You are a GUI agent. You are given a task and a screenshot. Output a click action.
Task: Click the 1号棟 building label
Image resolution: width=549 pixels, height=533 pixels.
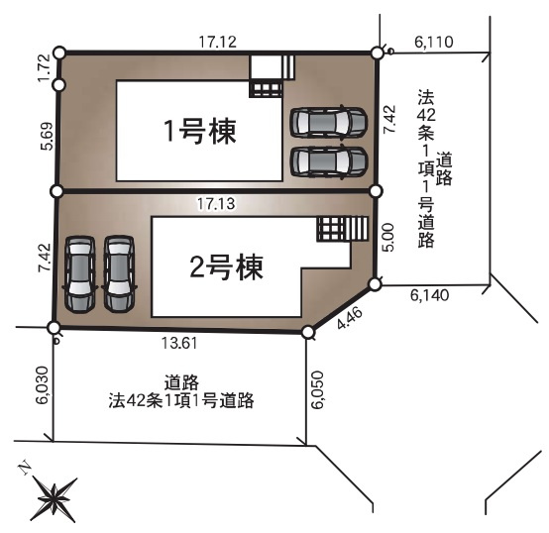pos(199,132)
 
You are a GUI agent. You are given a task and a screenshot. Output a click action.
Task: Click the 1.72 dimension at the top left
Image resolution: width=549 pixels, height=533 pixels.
pos(42,68)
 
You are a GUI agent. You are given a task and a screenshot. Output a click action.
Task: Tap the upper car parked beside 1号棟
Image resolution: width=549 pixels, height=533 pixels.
pos(328,122)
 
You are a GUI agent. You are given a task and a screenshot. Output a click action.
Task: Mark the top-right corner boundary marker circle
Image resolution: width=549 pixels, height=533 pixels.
pos(377,53)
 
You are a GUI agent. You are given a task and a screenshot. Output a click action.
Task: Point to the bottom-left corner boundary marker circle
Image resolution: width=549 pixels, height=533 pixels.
pos(55,328)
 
